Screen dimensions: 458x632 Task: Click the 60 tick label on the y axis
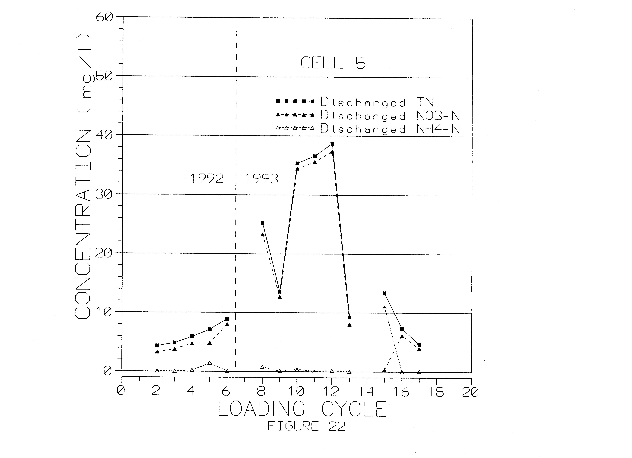coord(105,17)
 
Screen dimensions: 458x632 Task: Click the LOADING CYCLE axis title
coord(302,409)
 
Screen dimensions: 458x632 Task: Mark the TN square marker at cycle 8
coord(262,223)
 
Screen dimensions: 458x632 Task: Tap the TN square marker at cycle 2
coord(157,345)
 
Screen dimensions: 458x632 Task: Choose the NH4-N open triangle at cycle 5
coord(210,363)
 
